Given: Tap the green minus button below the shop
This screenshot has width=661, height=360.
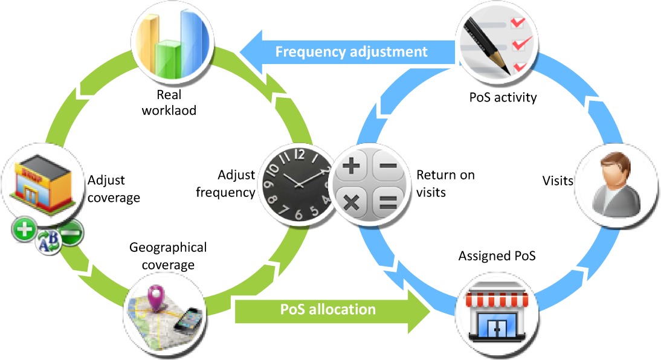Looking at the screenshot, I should point(71,233).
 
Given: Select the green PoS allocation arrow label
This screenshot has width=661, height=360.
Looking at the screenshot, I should point(328,309).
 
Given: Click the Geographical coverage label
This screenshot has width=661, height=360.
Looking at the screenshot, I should point(167,256).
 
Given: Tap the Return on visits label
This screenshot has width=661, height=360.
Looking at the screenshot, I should point(445,182).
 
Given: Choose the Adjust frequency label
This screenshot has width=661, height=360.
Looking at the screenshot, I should point(236,184).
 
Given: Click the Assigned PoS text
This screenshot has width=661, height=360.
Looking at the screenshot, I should point(497,256).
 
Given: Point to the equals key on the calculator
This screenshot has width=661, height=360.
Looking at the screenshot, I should point(387,201).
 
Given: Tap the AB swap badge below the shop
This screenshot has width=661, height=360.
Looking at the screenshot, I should point(48,243).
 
